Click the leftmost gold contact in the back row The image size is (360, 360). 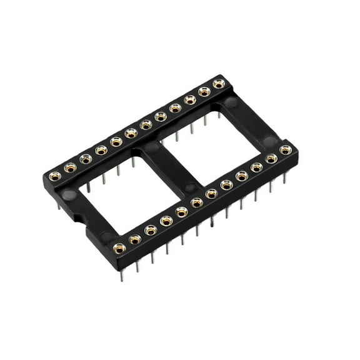[55, 176]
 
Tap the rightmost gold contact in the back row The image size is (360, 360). [219, 83]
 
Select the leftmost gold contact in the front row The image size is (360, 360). [119, 248]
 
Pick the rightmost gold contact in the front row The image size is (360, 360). [286, 150]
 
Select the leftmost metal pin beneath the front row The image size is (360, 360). [122, 273]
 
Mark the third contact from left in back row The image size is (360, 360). [86, 159]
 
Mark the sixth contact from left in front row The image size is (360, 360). [197, 202]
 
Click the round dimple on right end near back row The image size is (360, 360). [231, 101]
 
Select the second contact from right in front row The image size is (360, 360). [271, 159]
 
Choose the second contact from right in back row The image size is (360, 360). [204, 92]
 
